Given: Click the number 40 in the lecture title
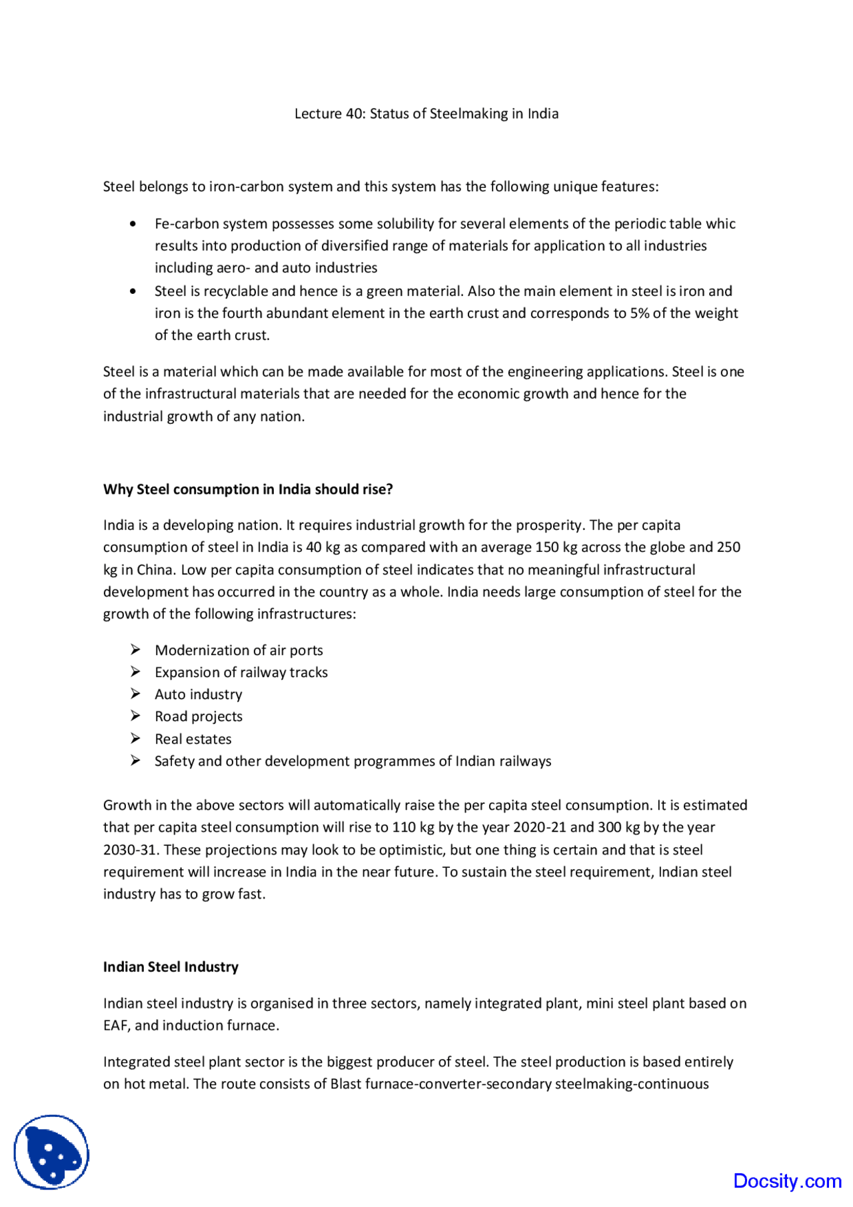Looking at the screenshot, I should (x=353, y=114).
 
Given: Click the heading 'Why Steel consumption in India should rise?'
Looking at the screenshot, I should (x=248, y=489).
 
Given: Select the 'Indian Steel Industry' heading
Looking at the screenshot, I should (x=171, y=967).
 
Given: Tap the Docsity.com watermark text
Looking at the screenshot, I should (x=787, y=1181).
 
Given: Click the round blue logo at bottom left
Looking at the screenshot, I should (x=51, y=1152).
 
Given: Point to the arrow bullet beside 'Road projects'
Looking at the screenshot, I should (x=135, y=716).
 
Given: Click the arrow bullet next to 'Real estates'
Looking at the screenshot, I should (x=135, y=738).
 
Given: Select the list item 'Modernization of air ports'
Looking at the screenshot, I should (x=239, y=650).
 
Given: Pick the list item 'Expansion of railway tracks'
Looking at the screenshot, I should (x=241, y=672).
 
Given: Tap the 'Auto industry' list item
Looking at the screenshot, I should (x=199, y=694).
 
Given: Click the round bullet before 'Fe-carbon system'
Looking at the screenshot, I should (x=134, y=224).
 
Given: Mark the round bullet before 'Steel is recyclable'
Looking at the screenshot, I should (x=134, y=291).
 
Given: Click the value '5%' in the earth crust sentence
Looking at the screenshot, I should (x=640, y=313).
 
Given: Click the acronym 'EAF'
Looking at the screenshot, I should (x=115, y=1026).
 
